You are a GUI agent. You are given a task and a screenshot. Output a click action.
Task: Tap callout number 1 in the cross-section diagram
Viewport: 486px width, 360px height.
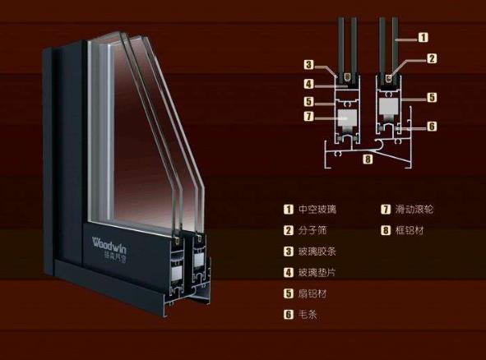coord(423,38)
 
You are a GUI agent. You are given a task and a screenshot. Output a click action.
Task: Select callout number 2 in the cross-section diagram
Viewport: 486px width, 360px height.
coord(432,58)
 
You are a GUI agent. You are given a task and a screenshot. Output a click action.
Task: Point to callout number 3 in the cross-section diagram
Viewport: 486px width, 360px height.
coord(308,65)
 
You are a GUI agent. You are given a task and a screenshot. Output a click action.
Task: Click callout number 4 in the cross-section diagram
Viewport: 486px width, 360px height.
coord(308,84)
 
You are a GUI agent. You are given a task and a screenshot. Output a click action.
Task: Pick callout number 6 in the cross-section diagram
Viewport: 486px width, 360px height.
coord(432,126)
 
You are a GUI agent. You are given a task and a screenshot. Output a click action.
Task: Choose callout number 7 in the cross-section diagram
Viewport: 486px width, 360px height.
coord(308,117)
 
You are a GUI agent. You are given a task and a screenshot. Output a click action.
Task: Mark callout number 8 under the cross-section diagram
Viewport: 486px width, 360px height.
coord(368,159)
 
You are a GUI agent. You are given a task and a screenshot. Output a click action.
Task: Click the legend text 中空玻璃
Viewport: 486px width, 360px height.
coord(317,210)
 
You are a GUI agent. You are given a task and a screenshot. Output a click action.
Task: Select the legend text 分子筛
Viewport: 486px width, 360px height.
coord(312,230)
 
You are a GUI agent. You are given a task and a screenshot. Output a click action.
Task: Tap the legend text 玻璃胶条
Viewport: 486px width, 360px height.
coord(317,252)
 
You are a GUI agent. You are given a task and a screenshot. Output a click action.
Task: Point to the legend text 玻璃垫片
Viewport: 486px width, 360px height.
coord(317,273)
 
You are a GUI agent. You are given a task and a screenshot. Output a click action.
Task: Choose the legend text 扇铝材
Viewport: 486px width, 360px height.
coord(312,293)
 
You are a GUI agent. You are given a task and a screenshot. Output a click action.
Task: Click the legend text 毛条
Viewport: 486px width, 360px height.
coord(308,315)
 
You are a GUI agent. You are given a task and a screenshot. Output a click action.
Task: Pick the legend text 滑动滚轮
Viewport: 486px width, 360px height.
coord(414,210)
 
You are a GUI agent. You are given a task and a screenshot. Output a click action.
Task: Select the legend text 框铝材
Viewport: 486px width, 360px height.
coord(410,230)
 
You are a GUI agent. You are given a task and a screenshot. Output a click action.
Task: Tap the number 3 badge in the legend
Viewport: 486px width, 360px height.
coord(289,252)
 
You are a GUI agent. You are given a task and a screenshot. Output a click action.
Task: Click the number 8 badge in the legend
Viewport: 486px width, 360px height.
coord(386,230)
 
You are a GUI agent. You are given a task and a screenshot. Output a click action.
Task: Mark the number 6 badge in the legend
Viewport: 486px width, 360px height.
coord(289,315)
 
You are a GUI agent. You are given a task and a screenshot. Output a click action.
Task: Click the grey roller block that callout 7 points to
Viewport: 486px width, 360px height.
coord(347,118)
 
